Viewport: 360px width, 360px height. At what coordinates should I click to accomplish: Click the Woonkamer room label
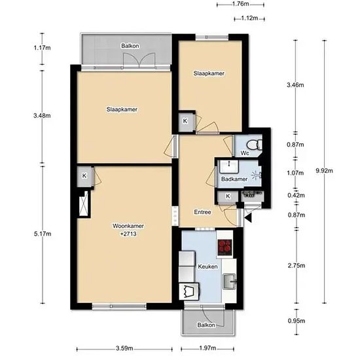(x=128, y=226)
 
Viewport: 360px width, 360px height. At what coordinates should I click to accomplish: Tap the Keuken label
(x=207, y=266)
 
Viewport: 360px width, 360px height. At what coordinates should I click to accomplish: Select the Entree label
(x=202, y=212)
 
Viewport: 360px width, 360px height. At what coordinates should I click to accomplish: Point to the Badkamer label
(x=234, y=179)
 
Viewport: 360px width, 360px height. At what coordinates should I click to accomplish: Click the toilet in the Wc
(x=254, y=145)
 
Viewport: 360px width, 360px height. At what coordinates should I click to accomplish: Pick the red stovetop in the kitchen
(x=225, y=247)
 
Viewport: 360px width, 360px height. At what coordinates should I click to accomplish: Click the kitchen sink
(x=229, y=281)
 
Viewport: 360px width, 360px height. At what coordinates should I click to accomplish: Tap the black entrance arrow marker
(x=248, y=218)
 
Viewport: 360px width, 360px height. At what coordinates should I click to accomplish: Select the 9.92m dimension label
(x=324, y=171)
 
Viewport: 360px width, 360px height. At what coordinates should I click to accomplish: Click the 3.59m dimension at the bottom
(x=124, y=348)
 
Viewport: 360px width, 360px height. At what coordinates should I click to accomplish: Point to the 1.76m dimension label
(x=240, y=4)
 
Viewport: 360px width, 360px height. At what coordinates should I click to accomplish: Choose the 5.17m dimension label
(x=43, y=234)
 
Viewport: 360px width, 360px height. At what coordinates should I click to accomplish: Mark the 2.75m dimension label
(x=297, y=266)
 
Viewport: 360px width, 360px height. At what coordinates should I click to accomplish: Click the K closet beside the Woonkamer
(x=84, y=176)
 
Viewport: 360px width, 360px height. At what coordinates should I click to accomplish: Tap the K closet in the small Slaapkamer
(x=185, y=121)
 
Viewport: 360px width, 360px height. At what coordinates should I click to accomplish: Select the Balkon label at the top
(x=130, y=46)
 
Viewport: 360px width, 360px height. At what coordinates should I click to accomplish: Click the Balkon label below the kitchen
(x=206, y=325)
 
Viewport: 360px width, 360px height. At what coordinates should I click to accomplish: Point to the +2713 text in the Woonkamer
(x=128, y=234)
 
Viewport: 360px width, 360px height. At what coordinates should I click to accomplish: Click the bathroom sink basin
(x=229, y=166)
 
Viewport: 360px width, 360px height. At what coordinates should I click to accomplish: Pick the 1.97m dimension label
(x=207, y=348)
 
